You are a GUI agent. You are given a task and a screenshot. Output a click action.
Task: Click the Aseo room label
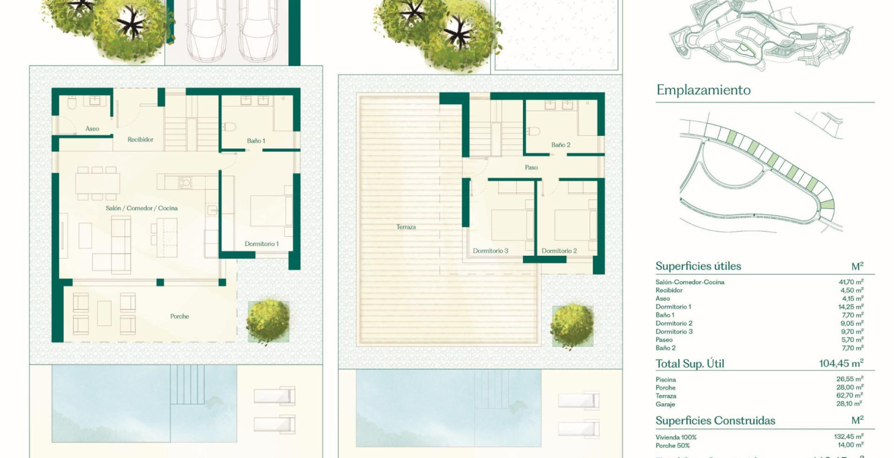(x=92, y=129)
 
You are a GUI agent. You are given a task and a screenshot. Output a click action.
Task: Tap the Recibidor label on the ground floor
(x=140, y=140)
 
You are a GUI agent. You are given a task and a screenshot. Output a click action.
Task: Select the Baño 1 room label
(x=256, y=141)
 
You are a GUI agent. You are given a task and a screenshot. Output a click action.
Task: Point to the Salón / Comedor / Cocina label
(x=141, y=208)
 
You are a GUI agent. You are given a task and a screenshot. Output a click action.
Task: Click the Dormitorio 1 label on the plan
(x=261, y=244)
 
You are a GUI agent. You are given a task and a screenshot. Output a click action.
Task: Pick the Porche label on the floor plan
(x=180, y=316)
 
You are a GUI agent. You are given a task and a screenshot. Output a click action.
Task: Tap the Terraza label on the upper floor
(x=406, y=227)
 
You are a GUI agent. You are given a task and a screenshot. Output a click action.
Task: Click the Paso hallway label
(x=531, y=167)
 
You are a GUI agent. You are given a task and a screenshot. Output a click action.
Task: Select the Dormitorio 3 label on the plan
(x=490, y=251)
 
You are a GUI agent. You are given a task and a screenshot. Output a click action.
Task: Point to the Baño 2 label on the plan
(x=561, y=145)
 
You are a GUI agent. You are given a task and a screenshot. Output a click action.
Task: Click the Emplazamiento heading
(x=704, y=90)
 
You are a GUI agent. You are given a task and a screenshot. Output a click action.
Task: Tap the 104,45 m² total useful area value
(x=841, y=363)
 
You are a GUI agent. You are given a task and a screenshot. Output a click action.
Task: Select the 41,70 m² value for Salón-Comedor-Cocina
(x=851, y=282)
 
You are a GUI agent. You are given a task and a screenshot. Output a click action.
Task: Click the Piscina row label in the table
(x=666, y=379)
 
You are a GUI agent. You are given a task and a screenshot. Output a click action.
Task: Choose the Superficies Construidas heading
(x=715, y=420)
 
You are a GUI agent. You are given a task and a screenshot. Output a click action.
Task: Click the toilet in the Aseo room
(x=71, y=104)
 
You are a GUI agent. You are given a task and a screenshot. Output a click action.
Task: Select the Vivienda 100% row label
(x=676, y=437)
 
